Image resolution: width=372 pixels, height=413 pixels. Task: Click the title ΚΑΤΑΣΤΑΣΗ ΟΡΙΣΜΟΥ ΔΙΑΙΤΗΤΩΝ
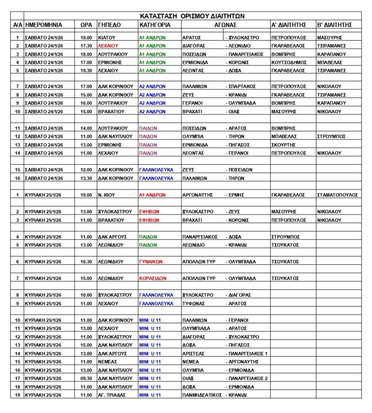pos(192,16)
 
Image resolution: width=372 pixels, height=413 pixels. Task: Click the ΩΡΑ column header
pos(86,25)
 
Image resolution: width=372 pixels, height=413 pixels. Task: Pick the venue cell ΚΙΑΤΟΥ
pos(107,38)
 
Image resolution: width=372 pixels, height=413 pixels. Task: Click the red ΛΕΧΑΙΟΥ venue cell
pos(107,46)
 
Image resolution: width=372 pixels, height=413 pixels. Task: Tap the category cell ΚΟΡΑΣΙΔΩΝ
pos(153,278)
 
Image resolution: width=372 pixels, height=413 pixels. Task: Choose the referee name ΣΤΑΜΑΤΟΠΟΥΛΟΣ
pos(337,195)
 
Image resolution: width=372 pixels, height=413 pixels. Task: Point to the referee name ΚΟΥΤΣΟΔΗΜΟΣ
pos(289,62)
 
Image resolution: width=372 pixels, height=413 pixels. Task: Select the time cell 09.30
pos(86,378)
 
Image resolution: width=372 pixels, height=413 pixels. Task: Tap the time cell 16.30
pos(86,262)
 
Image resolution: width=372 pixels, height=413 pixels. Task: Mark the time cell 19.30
pos(86,71)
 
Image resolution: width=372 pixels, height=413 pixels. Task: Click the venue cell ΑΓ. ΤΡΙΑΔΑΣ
pos(112,395)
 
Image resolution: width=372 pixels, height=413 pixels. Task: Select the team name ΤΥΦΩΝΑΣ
pos(195,304)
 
